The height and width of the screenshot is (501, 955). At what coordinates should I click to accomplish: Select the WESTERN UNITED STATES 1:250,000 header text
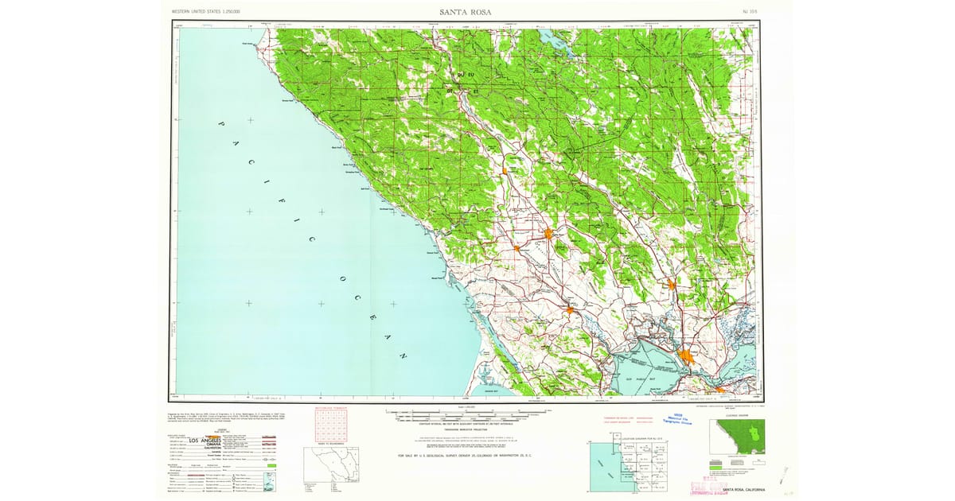coord(206,12)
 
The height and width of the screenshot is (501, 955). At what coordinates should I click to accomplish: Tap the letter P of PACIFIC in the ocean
coord(223,124)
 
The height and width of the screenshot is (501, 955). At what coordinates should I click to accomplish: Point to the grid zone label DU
coord(458,75)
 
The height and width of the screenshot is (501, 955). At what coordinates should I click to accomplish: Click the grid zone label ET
coord(476,91)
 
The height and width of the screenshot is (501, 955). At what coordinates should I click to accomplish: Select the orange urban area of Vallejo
coord(686,355)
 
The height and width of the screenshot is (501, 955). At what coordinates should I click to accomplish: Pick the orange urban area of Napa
coord(672,284)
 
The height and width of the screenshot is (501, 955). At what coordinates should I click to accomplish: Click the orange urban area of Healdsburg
coord(505,169)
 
